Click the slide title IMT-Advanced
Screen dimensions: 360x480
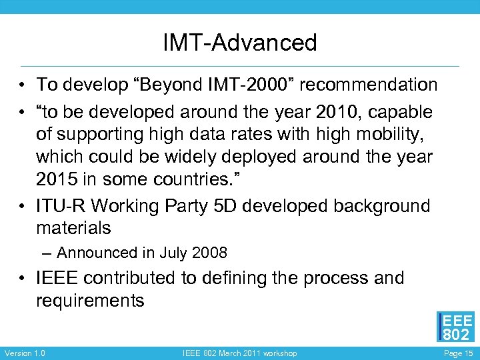[240, 43]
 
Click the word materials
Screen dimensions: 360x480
[73, 229]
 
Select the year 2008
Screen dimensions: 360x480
[210, 253]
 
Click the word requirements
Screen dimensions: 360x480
[90, 301]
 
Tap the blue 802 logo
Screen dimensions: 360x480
[455, 327]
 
